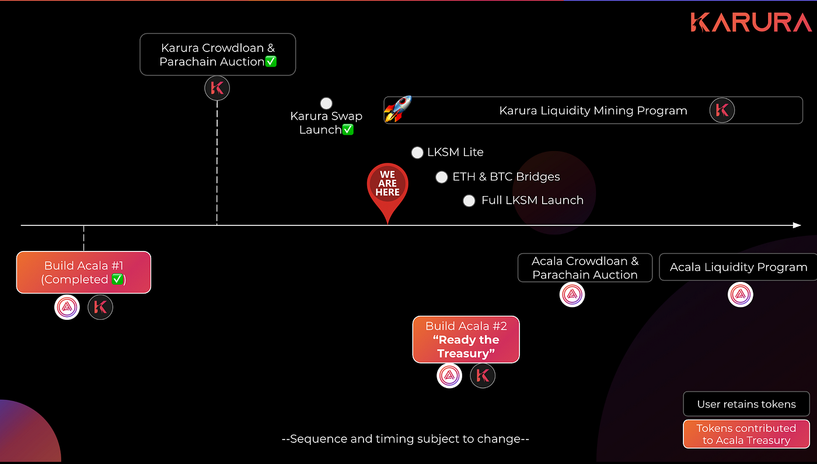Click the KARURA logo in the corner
click(750, 22)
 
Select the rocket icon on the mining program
click(397, 109)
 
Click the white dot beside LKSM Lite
click(417, 153)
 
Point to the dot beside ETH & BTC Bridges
click(442, 177)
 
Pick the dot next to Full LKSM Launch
click(469, 201)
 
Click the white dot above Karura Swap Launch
click(326, 103)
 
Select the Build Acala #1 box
click(83, 273)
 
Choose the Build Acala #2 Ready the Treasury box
click(466, 340)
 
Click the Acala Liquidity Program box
click(738, 267)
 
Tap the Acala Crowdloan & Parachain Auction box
click(585, 268)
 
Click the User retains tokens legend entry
click(746, 404)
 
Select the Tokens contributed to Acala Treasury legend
click(746, 434)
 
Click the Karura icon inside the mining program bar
click(722, 110)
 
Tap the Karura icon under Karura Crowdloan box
click(217, 89)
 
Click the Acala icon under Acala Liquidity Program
click(741, 294)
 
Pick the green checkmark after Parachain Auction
click(271, 62)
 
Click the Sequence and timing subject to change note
click(405, 439)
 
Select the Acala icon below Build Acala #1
click(67, 307)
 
